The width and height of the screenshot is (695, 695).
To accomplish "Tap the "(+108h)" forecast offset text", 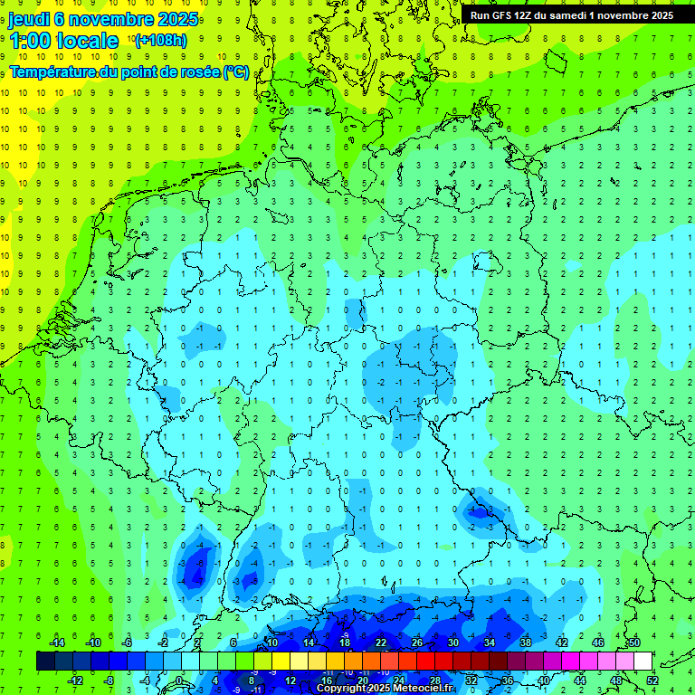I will pyautogui.click(x=161, y=40).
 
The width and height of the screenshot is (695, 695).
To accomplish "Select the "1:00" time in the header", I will pyautogui.click(x=29, y=41).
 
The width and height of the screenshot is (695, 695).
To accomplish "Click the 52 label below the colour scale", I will pyautogui.click(x=652, y=681).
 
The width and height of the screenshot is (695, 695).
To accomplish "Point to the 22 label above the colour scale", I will pyautogui.click(x=381, y=643).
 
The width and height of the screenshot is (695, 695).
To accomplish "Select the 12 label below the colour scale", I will pyautogui.click(x=290, y=681).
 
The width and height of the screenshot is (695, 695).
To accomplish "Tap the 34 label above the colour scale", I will pyautogui.click(x=490, y=643).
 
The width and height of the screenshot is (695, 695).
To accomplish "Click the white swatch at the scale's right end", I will pyautogui.click(x=643, y=662).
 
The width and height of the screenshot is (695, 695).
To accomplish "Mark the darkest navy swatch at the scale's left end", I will pyautogui.click(x=45, y=662).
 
